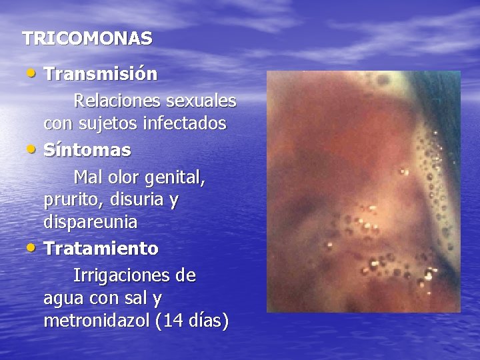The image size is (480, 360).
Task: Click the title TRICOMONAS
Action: click(x=87, y=39)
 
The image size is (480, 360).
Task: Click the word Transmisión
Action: click(x=101, y=74)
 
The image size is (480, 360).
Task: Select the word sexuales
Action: click(x=200, y=101)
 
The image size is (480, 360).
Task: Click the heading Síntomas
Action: click(x=87, y=150)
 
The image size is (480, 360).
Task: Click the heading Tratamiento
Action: click(x=101, y=249)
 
